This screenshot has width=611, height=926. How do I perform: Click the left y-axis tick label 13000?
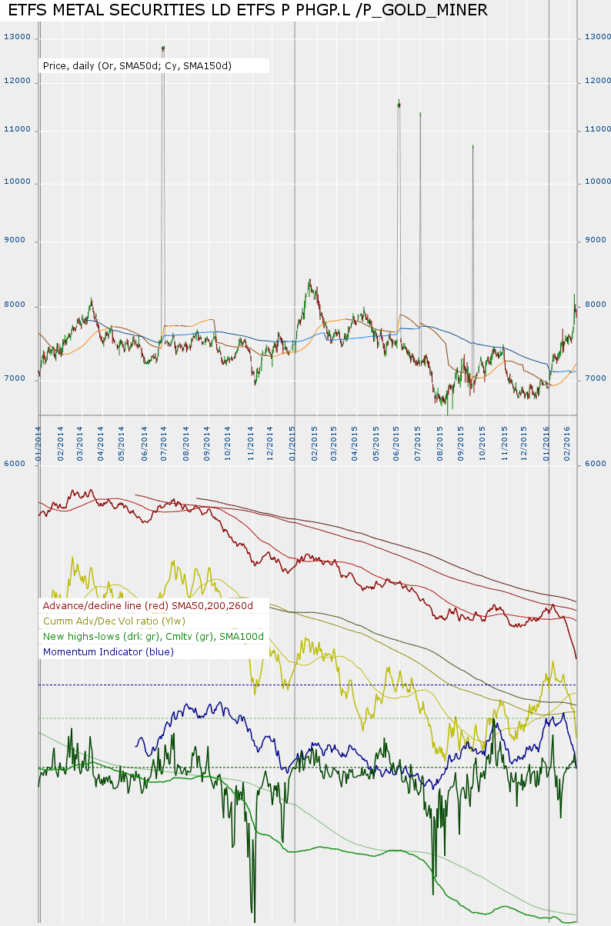pos(17,37)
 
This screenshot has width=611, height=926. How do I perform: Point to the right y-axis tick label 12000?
pos(598,81)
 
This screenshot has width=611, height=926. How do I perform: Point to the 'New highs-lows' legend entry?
pos(153,636)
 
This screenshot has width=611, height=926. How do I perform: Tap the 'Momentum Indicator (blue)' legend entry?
pos(109,651)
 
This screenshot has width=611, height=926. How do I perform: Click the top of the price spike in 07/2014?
pos(163,47)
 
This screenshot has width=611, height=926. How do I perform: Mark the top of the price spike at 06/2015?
pos(399,101)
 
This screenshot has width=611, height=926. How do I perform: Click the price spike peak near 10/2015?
pos(472,145)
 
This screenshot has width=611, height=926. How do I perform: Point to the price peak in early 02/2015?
pos(309,281)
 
